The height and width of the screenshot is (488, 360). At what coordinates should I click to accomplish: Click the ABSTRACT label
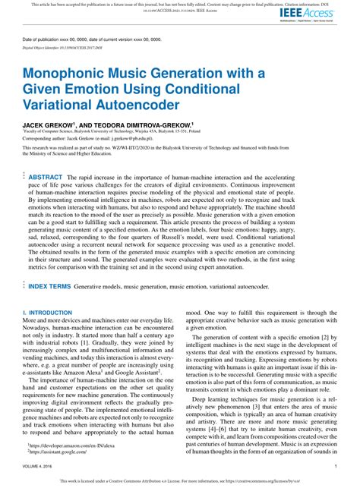click(46, 177)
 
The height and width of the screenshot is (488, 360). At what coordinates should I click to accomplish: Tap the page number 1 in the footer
click(335, 467)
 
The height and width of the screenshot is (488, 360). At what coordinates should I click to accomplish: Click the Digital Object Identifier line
click(63, 46)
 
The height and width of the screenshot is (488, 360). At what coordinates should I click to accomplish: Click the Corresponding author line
click(98, 140)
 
